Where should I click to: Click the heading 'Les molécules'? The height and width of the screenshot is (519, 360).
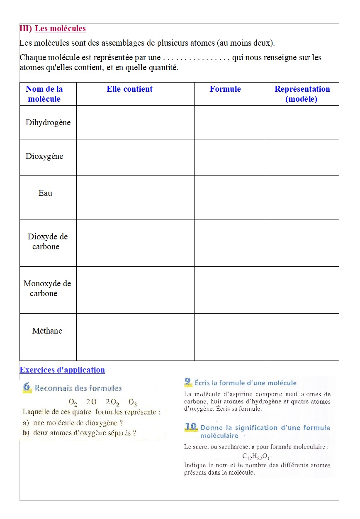point(60,29)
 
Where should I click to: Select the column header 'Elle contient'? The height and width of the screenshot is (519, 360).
point(129,89)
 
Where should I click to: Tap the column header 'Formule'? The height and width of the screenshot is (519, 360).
point(225,89)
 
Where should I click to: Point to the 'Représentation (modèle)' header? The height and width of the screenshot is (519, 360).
point(302,94)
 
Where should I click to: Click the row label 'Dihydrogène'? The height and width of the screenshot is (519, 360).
point(48,123)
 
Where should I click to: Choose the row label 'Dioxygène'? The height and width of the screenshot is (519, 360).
point(44,156)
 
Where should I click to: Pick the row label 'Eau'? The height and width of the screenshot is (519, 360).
point(46,193)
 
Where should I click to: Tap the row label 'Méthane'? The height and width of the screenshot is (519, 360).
point(47,331)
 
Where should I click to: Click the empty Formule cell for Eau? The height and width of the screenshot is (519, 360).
point(230,197)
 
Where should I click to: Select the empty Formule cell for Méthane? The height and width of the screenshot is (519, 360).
point(230,337)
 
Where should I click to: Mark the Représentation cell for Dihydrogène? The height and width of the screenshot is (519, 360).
point(302,122)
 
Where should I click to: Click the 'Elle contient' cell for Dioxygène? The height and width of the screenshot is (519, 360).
point(135,157)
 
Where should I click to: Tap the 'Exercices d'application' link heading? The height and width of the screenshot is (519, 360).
point(62,370)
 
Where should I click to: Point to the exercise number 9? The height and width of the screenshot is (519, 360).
point(188,382)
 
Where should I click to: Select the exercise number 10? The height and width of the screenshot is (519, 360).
point(191,427)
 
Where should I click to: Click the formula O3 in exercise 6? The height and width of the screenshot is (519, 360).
point(133,402)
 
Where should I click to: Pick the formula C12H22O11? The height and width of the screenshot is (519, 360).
point(257,456)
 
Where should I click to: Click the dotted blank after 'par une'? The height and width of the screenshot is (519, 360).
point(195,58)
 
